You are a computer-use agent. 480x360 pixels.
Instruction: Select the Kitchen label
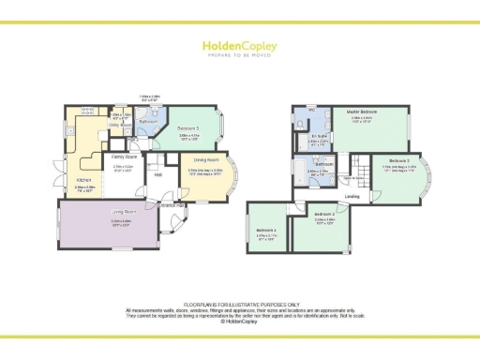pos(83,180)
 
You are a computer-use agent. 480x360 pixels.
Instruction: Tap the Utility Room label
pos(118,124)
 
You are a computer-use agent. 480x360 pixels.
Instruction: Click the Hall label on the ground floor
pos(158,174)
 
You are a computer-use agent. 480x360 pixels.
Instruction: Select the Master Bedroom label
pos(361,112)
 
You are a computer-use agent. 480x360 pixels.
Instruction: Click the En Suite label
pos(320,136)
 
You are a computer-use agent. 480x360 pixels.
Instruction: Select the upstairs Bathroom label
pos(312,164)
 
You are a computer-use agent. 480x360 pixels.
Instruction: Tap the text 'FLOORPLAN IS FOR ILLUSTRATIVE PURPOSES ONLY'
pos(240,304)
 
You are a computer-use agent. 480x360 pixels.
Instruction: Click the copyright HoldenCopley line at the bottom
pos(240,322)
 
